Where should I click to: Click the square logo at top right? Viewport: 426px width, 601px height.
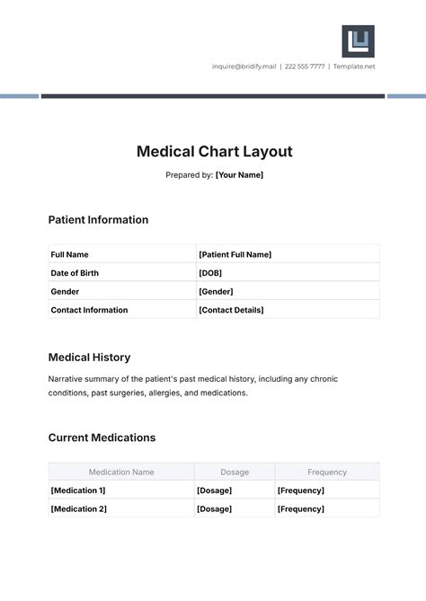[x=358, y=41]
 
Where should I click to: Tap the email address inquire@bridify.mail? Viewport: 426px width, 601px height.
[x=244, y=66]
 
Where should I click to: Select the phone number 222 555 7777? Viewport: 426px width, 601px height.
[x=305, y=66]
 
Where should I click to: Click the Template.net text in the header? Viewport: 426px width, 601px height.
[x=354, y=66]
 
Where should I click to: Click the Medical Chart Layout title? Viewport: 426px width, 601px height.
[x=214, y=152]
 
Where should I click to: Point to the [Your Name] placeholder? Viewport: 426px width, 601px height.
[x=239, y=175]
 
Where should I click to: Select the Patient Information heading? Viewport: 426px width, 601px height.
[x=98, y=220]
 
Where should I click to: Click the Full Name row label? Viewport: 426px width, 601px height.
[x=70, y=254]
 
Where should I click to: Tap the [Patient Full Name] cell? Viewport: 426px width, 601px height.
[x=235, y=254]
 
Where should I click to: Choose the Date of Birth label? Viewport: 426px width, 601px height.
[x=75, y=273]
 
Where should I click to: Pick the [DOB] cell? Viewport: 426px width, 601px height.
[x=210, y=273]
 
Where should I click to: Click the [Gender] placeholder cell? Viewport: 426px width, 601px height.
[x=216, y=291]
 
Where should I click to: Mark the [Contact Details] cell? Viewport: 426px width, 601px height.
[x=231, y=310]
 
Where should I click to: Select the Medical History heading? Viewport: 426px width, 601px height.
[x=89, y=358]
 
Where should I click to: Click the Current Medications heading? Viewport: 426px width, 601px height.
[x=102, y=438]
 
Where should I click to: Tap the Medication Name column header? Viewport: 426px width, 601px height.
[x=121, y=472]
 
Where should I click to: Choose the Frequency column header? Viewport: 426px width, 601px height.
[x=327, y=472]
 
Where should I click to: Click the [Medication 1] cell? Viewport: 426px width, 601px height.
[x=78, y=491]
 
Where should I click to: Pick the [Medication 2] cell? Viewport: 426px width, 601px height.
[x=78, y=508]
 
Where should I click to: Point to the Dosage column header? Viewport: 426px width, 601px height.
[x=235, y=472]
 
